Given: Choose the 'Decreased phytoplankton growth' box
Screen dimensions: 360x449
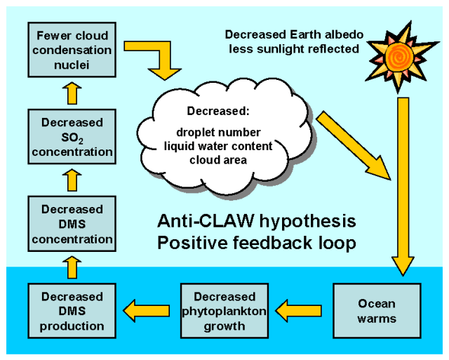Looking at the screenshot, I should [224, 311].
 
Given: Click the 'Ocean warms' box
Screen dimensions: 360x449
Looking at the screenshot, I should [377, 311].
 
